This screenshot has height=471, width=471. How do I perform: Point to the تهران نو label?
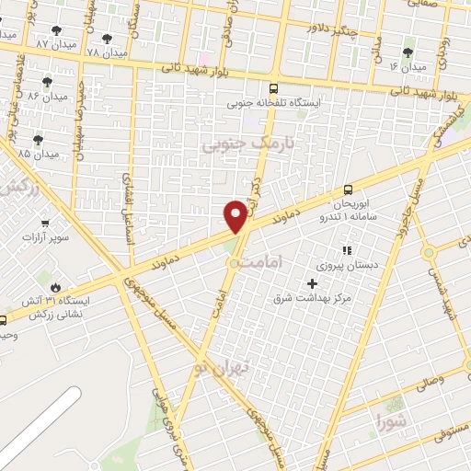click(x=215, y=367)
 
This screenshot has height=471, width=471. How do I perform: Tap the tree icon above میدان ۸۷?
click(x=57, y=30)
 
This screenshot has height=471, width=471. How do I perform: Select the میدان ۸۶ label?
click(x=46, y=96)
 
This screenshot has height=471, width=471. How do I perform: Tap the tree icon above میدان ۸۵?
click(x=38, y=140)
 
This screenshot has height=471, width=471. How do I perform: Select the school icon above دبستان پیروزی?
click(x=347, y=249)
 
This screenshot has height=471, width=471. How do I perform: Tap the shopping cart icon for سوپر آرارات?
click(x=44, y=223)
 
